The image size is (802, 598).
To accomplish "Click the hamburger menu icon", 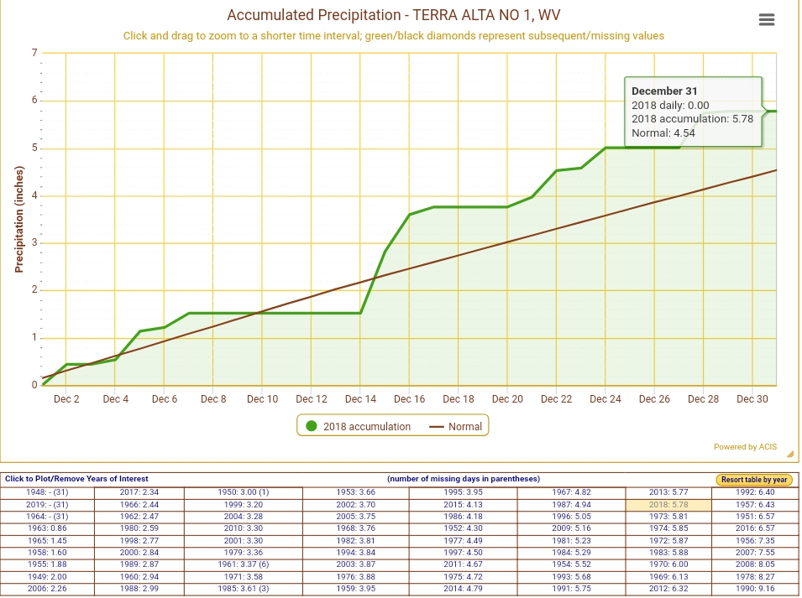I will (x=766, y=20).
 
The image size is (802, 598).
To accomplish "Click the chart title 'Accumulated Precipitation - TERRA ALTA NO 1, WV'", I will (x=393, y=16).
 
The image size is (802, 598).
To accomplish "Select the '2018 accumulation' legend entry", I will (x=359, y=426).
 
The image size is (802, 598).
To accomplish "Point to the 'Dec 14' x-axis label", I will (x=360, y=399).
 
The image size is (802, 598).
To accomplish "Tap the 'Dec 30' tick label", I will (x=752, y=399).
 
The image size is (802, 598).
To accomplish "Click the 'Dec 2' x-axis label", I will (x=66, y=399).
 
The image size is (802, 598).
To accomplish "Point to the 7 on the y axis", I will (x=34, y=53).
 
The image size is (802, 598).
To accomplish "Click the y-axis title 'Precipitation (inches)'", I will (x=19, y=218).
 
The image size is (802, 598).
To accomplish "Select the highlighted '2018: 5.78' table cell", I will (x=668, y=505).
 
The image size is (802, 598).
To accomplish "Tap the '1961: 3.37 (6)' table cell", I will (x=244, y=564).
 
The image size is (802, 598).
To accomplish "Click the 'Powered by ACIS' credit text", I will (x=745, y=447).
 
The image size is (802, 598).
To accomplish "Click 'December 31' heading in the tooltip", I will (x=664, y=91).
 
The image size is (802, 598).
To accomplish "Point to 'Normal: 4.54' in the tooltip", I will (x=663, y=133).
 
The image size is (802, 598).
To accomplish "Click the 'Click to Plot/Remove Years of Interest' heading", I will (x=76, y=479).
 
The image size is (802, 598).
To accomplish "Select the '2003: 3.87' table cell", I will (x=355, y=564).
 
